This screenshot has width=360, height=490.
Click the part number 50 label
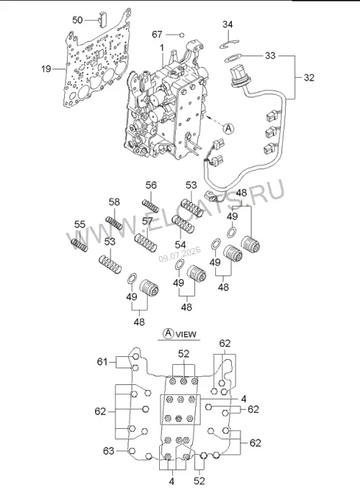(77, 20)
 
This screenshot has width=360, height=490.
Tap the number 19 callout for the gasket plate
(46, 68)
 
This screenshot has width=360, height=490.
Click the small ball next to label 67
(182, 35)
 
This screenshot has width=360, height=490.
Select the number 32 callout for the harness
(309, 77)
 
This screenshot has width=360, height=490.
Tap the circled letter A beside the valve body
(229, 128)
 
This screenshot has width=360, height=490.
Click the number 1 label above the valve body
(162, 48)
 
